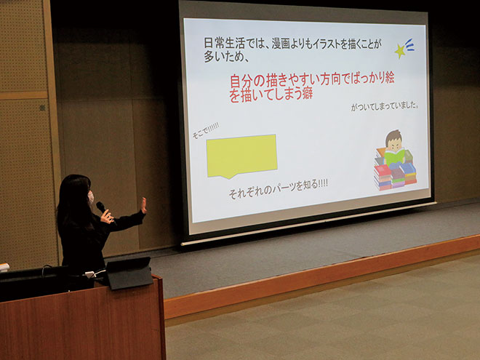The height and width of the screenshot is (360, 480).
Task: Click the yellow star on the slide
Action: [x=400, y=51]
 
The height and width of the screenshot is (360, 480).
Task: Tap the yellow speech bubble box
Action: [x=242, y=156]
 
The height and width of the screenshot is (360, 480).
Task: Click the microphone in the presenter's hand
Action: [x=101, y=207]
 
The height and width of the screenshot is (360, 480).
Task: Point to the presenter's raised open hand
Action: [x=143, y=205]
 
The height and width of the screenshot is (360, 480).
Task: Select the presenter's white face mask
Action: [x=91, y=197]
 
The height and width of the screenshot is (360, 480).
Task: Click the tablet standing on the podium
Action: [x=129, y=273]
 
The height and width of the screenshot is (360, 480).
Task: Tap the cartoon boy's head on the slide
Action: [x=393, y=140]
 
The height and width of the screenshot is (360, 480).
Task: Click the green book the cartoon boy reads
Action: [x=394, y=156]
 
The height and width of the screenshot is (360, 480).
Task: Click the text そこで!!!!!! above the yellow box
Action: [x=206, y=130]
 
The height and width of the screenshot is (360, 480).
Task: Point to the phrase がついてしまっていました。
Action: [x=385, y=106]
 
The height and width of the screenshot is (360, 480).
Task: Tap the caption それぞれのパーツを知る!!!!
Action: [x=279, y=189]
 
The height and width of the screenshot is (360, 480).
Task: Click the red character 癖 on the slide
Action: [x=306, y=93]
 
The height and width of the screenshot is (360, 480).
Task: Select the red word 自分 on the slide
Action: [x=243, y=81]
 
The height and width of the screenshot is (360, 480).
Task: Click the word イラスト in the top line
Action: [x=323, y=44]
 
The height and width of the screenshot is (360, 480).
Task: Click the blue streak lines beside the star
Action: [x=409, y=45]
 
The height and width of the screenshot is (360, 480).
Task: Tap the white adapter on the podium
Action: [x=90, y=274]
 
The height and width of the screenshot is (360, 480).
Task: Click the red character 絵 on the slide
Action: [x=388, y=78]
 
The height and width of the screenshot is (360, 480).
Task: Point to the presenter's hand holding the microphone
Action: [x=107, y=216]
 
